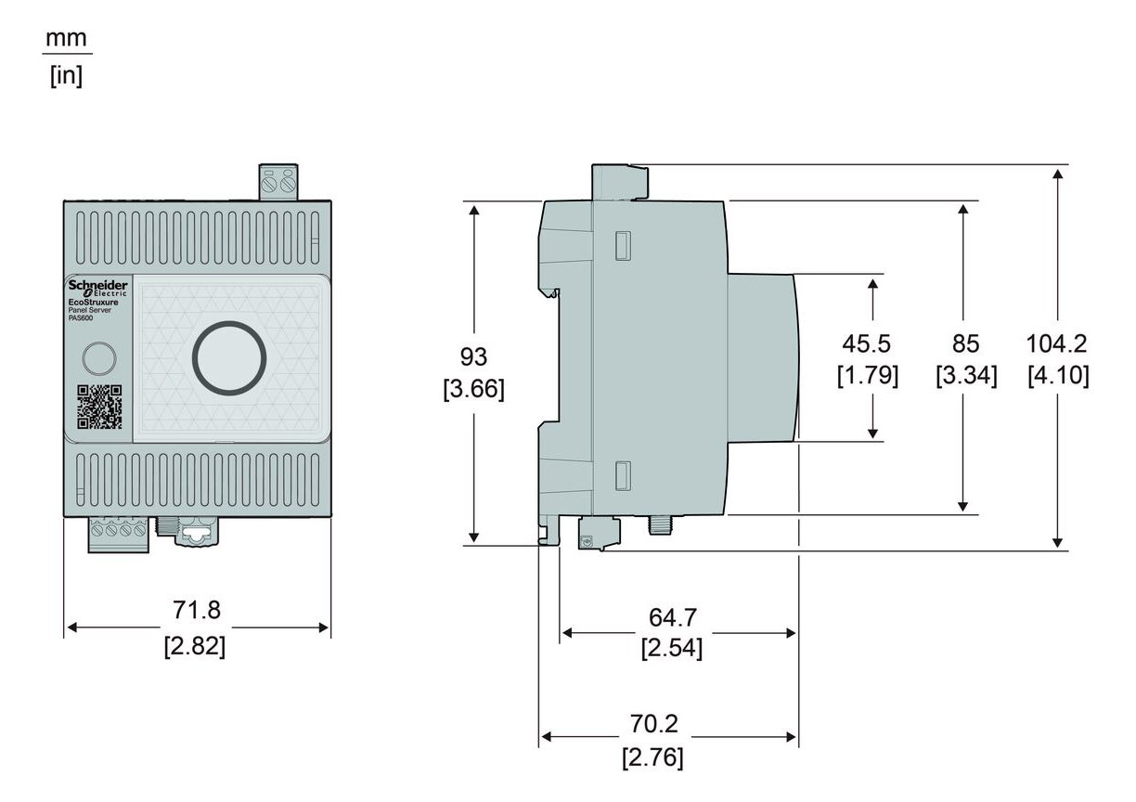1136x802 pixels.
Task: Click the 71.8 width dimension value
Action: [197, 610]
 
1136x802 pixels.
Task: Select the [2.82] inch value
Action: [195, 645]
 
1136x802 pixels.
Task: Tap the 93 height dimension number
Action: [473, 356]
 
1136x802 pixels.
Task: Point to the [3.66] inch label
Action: [473, 389]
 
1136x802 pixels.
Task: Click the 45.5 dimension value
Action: [867, 343]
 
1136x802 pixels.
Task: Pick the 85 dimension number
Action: [965, 343]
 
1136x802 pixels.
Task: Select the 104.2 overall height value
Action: [1056, 343]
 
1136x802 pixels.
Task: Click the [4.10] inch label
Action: [1058, 376]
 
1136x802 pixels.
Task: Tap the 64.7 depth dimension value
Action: [673, 616]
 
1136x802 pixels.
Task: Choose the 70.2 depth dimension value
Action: [653, 724]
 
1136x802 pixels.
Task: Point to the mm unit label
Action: [69, 39]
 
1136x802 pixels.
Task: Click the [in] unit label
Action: [67, 75]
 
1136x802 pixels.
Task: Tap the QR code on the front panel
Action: [98, 407]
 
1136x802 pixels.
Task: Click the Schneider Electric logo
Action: [98, 288]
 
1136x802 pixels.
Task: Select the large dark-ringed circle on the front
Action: [228, 358]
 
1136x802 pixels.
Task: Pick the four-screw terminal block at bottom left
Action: [118, 533]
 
